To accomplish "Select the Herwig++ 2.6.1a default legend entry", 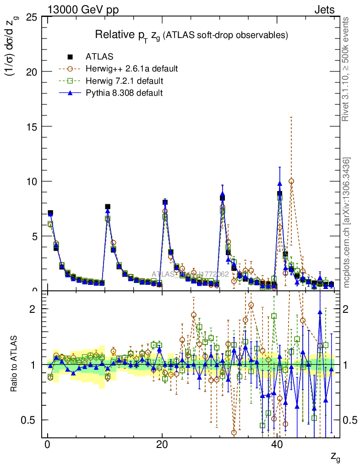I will pyautogui.click(x=131, y=69).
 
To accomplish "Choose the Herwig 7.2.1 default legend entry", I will pyautogui.click(x=124, y=81).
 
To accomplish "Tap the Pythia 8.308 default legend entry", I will pyautogui.click(x=124, y=93).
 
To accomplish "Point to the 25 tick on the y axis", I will pyautogui.click(x=31, y=17).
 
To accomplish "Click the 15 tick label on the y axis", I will pyautogui.click(x=31, y=126).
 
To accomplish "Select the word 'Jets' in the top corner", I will pyautogui.click(x=324, y=9).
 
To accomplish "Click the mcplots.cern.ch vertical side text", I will pyautogui.click(x=347, y=222).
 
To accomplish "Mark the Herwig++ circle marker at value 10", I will pyautogui.click(x=291, y=181).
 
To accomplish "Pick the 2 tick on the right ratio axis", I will pyautogui.click(x=350, y=309).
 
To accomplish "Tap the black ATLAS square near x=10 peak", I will pyautogui.click(x=108, y=207).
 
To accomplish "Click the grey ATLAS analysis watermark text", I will pyautogui.click(x=190, y=274).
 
